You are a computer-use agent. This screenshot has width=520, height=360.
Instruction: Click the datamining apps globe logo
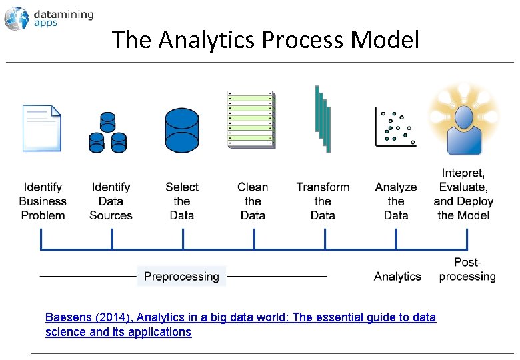pyautogui.click(x=16, y=19)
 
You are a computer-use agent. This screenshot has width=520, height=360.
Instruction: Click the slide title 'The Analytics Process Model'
pyautogui.click(x=266, y=40)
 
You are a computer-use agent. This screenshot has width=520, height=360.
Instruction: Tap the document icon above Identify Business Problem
pyautogui.click(x=41, y=127)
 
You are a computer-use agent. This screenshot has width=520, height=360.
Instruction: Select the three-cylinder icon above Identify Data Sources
pyautogui.click(x=107, y=131)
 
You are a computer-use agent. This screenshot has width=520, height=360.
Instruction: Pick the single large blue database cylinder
pyautogui.click(x=182, y=130)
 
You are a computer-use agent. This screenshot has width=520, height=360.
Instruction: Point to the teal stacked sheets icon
pyautogui.click(x=323, y=118)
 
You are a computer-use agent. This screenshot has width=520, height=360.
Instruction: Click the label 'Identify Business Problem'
pyautogui.click(x=43, y=201)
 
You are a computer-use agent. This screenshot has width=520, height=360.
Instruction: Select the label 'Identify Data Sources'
pyautogui.click(x=111, y=201)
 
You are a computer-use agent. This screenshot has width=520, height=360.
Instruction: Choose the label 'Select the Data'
pyautogui.click(x=182, y=201)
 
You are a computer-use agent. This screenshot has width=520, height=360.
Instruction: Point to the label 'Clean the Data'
pyautogui.click(x=253, y=201)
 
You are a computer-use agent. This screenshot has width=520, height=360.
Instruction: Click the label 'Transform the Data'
pyautogui.click(x=323, y=201)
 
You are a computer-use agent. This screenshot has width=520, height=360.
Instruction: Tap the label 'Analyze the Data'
pyautogui.click(x=395, y=201)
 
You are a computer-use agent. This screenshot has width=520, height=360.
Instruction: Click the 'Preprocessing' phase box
pyautogui.click(x=181, y=276)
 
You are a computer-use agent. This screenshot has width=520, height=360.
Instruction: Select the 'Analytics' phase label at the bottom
pyautogui.click(x=397, y=276)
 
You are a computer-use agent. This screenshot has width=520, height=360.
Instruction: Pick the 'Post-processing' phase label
pyautogui.click(x=467, y=269)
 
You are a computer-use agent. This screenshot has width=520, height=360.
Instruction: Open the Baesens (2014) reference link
pyautogui.click(x=240, y=318)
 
